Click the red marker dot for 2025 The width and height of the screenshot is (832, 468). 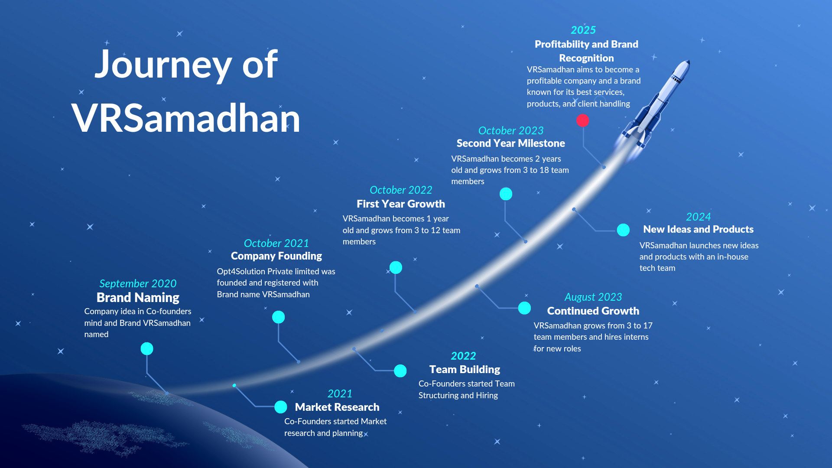pyautogui.click(x=583, y=120)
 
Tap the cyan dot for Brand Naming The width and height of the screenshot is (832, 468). pyautogui.click(x=147, y=349)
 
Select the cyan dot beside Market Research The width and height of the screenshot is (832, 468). pyautogui.click(x=281, y=407)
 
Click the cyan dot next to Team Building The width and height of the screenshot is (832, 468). pyautogui.click(x=400, y=371)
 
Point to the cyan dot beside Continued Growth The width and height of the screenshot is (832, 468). pyautogui.click(x=524, y=308)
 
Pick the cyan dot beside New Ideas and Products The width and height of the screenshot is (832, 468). pyautogui.click(x=623, y=230)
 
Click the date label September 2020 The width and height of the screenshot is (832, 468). pyautogui.click(x=138, y=284)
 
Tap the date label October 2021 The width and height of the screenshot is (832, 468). pyautogui.click(x=276, y=243)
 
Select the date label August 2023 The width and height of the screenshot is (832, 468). pyautogui.click(x=593, y=297)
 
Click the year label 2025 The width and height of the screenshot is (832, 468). pyautogui.click(x=583, y=30)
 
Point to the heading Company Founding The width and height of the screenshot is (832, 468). pyautogui.click(x=276, y=256)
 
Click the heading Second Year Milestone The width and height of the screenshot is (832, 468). pyautogui.click(x=511, y=143)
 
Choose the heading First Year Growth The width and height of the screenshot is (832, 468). pyautogui.click(x=401, y=204)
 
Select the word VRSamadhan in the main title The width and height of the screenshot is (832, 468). pyautogui.click(x=186, y=118)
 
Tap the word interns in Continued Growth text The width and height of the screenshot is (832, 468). pyautogui.click(x=636, y=337)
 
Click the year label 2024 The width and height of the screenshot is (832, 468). pyautogui.click(x=699, y=217)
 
